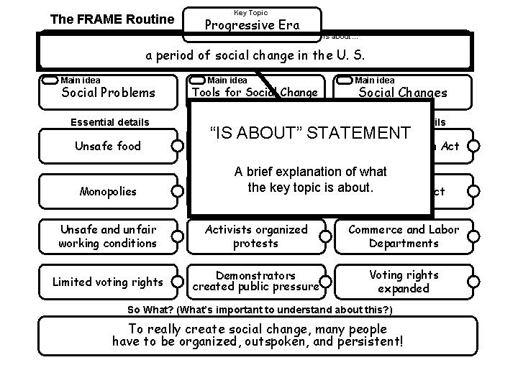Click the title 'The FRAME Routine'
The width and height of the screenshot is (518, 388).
(x=112, y=19)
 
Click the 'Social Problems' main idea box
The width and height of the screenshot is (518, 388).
(x=108, y=92)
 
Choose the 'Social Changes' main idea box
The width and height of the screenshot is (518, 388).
(x=403, y=92)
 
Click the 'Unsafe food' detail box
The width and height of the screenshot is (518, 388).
(x=108, y=147)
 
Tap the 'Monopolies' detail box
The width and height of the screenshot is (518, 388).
(x=108, y=192)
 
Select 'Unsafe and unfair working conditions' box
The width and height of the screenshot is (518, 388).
(x=108, y=236)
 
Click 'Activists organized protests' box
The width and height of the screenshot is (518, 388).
(x=256, y=236)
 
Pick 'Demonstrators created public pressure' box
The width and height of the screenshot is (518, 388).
(x=256, y=282)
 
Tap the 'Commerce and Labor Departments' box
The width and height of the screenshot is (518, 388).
(x=404, y=236)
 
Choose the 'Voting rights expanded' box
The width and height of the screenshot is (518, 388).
(x=404, y=282)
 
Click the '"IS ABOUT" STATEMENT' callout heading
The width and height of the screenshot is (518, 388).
(x=309, y=133)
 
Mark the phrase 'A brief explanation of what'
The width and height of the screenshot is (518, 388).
(x=310, y=172)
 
